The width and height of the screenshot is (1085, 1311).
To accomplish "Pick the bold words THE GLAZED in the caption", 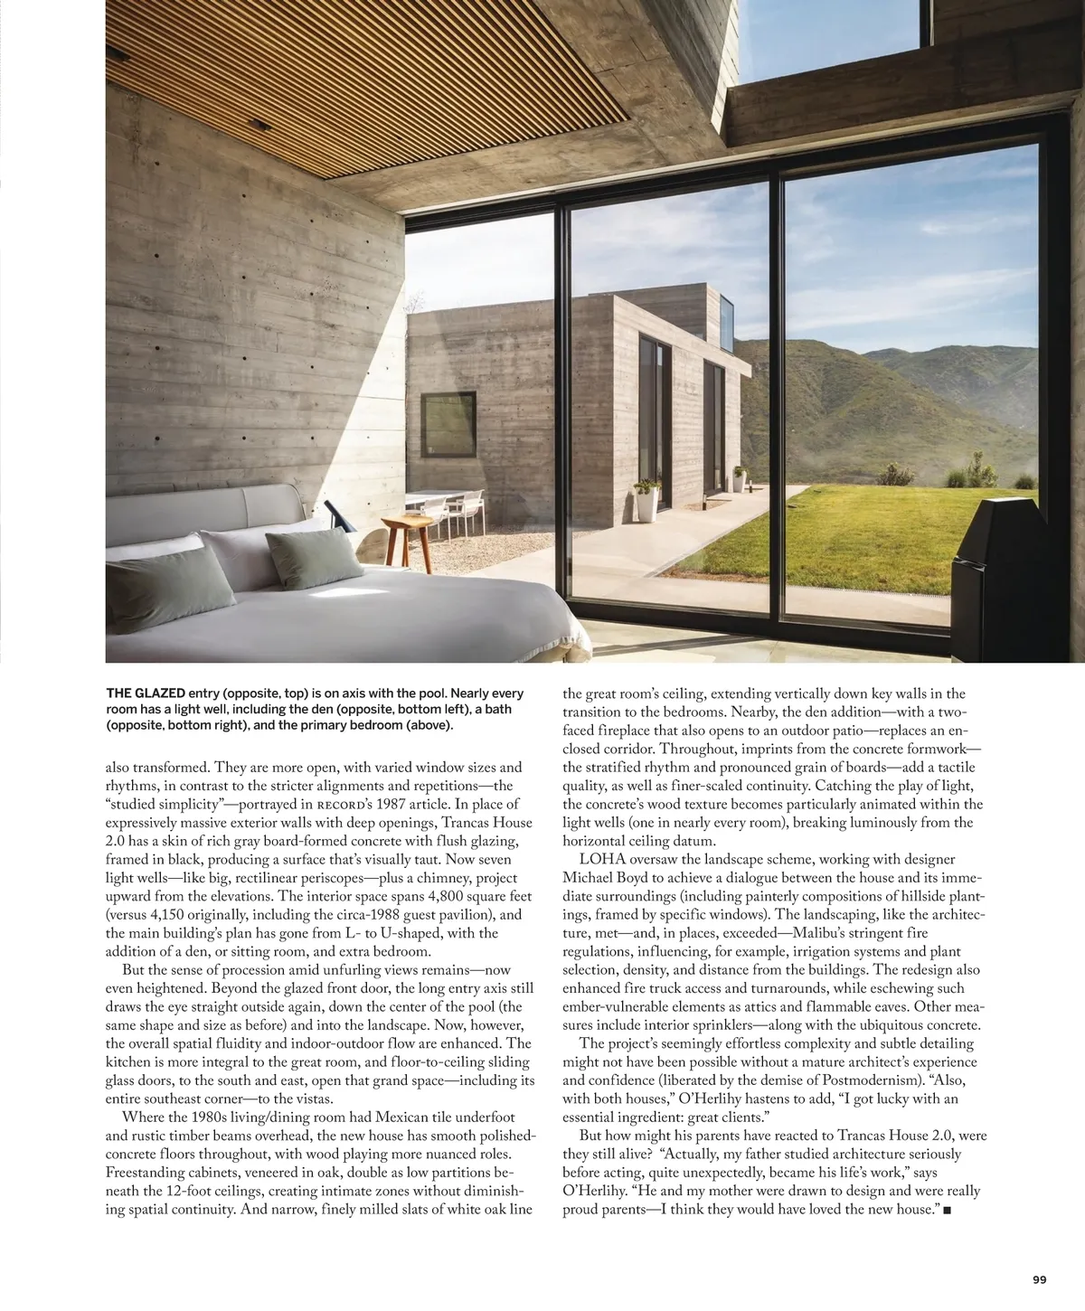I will pyautogui.click(x=146, y=693).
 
